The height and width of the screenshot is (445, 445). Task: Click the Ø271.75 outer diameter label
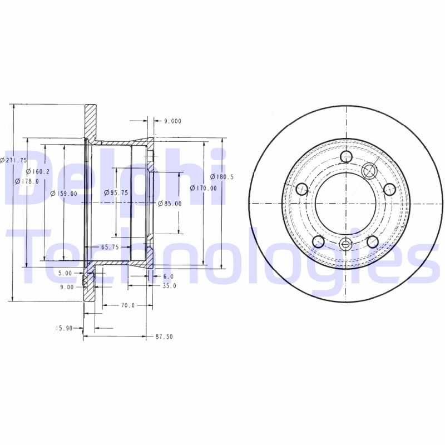[x=14, y=160]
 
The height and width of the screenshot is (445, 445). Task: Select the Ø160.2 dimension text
[x=38, y=172]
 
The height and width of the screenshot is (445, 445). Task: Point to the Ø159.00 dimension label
[x=63, y=194]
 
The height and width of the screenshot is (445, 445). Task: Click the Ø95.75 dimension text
[x=116, y=192]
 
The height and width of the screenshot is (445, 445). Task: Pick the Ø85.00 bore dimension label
[x=170, y=204]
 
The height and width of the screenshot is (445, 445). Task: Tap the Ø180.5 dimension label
[x=221, y=177]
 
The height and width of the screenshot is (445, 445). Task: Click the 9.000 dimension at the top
[x=172, y=121]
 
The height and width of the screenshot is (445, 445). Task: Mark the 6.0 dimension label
[x=168, y=276]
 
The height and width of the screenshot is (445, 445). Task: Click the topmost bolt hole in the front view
[x=346, y=157]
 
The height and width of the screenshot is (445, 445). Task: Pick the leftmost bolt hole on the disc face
[x=302, y=189]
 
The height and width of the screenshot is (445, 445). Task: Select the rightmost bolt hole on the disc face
[x=389, y=189]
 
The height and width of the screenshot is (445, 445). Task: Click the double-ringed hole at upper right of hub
[x=369, y=171]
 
